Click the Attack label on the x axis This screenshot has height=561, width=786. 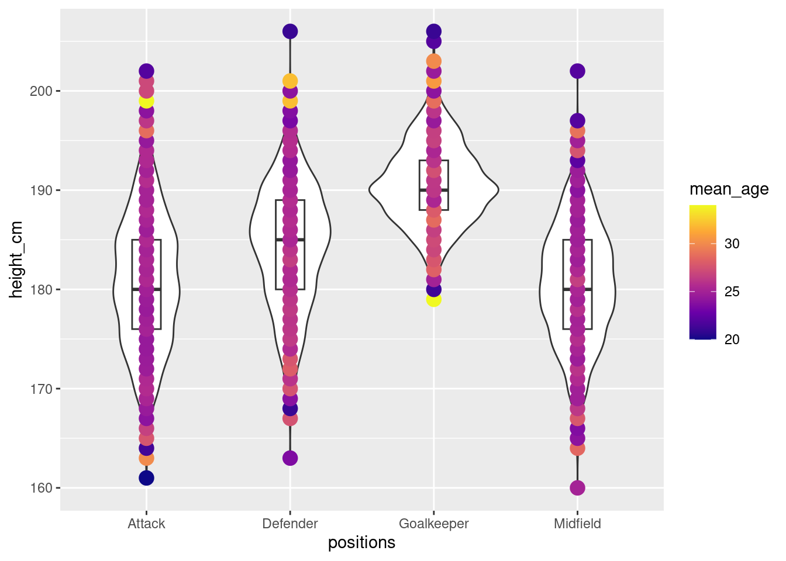(146, 524)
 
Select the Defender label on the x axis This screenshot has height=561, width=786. (290, 524)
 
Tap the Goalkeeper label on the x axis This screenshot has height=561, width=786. (433, 524)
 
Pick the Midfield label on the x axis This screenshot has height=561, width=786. (577, 524)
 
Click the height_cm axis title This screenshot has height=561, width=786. (16, 259)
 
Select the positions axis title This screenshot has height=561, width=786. (361, 543)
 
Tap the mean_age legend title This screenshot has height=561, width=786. (729, 189)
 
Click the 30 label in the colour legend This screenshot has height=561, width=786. (732, 244)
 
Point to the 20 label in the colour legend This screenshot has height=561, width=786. (732, 340)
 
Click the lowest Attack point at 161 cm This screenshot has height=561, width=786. (146, 478)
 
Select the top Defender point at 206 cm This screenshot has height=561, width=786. (290, 32)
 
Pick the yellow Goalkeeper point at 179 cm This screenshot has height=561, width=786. (433, 299)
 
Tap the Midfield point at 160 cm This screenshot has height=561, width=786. (577, 488)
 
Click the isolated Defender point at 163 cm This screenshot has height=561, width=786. (290, 458)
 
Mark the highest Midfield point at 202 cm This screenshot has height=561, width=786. (577, 71)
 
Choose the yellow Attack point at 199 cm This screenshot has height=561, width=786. (146, 101)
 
